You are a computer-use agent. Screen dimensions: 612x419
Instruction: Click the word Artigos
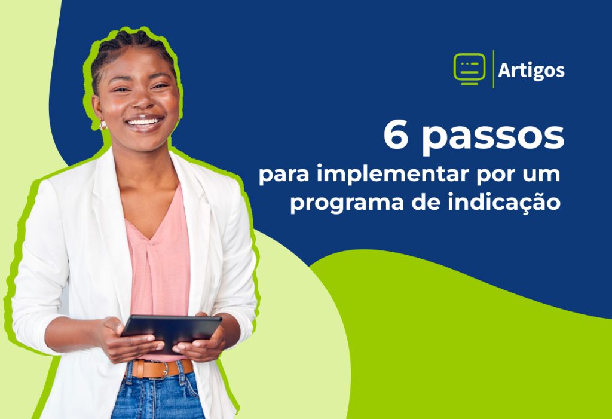tap(531, 71)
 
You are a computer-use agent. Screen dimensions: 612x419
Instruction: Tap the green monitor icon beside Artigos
tap(470, 69)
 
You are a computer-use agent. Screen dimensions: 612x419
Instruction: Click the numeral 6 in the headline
tap(396, 134)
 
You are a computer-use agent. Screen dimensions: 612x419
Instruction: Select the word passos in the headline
tap(493, 138)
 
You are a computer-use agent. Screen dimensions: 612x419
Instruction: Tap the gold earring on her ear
tap(103, 124)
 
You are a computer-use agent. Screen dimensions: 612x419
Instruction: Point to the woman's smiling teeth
tap(144, 122)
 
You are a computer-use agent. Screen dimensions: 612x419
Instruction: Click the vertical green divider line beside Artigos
tap(493, 69)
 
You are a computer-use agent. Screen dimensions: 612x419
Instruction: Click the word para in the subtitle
tap(284, 176)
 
